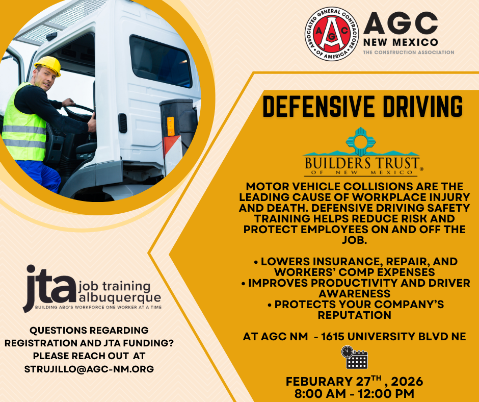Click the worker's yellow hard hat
click(48, 65)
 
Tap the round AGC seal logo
click(331, 34)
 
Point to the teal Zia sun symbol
click(361, 142)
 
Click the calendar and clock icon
click(354, 357)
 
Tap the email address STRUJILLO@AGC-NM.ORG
click(89, 369)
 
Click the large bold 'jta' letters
click(49, 288)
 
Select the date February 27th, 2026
click(354, 381)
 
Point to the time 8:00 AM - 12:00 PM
click(354, 394)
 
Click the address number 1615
click(333, 337)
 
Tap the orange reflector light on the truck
click(171, 127)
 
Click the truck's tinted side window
click(160, 62)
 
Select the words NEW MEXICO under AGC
click(401, 42)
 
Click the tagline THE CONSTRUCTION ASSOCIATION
click(409, 53)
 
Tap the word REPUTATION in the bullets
click(354, 315)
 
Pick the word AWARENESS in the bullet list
click(354, 294)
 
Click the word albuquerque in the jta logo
click(120, 298)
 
